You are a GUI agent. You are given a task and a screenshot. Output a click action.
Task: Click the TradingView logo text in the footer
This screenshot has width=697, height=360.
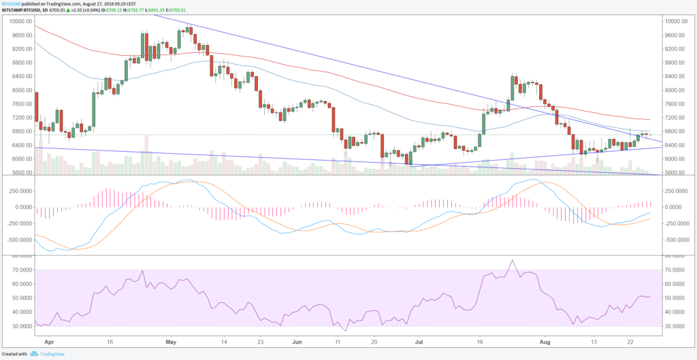click(52, 354)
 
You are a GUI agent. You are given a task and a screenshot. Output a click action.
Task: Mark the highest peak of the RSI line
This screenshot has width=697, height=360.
click(512, 260)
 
